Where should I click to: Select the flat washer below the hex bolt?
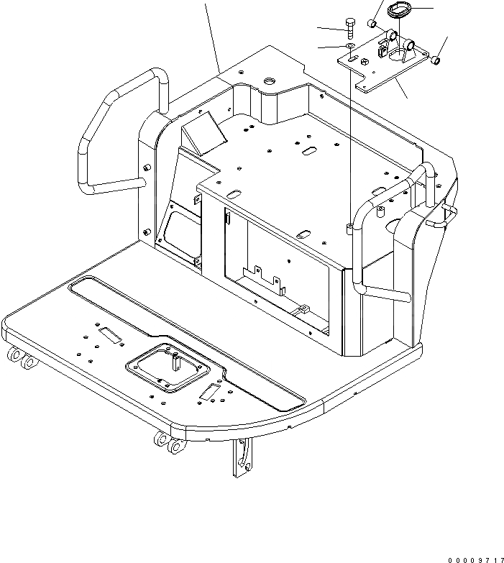(x=349, y=47)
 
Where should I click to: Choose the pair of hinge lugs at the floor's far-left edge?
(x=22, y=359)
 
